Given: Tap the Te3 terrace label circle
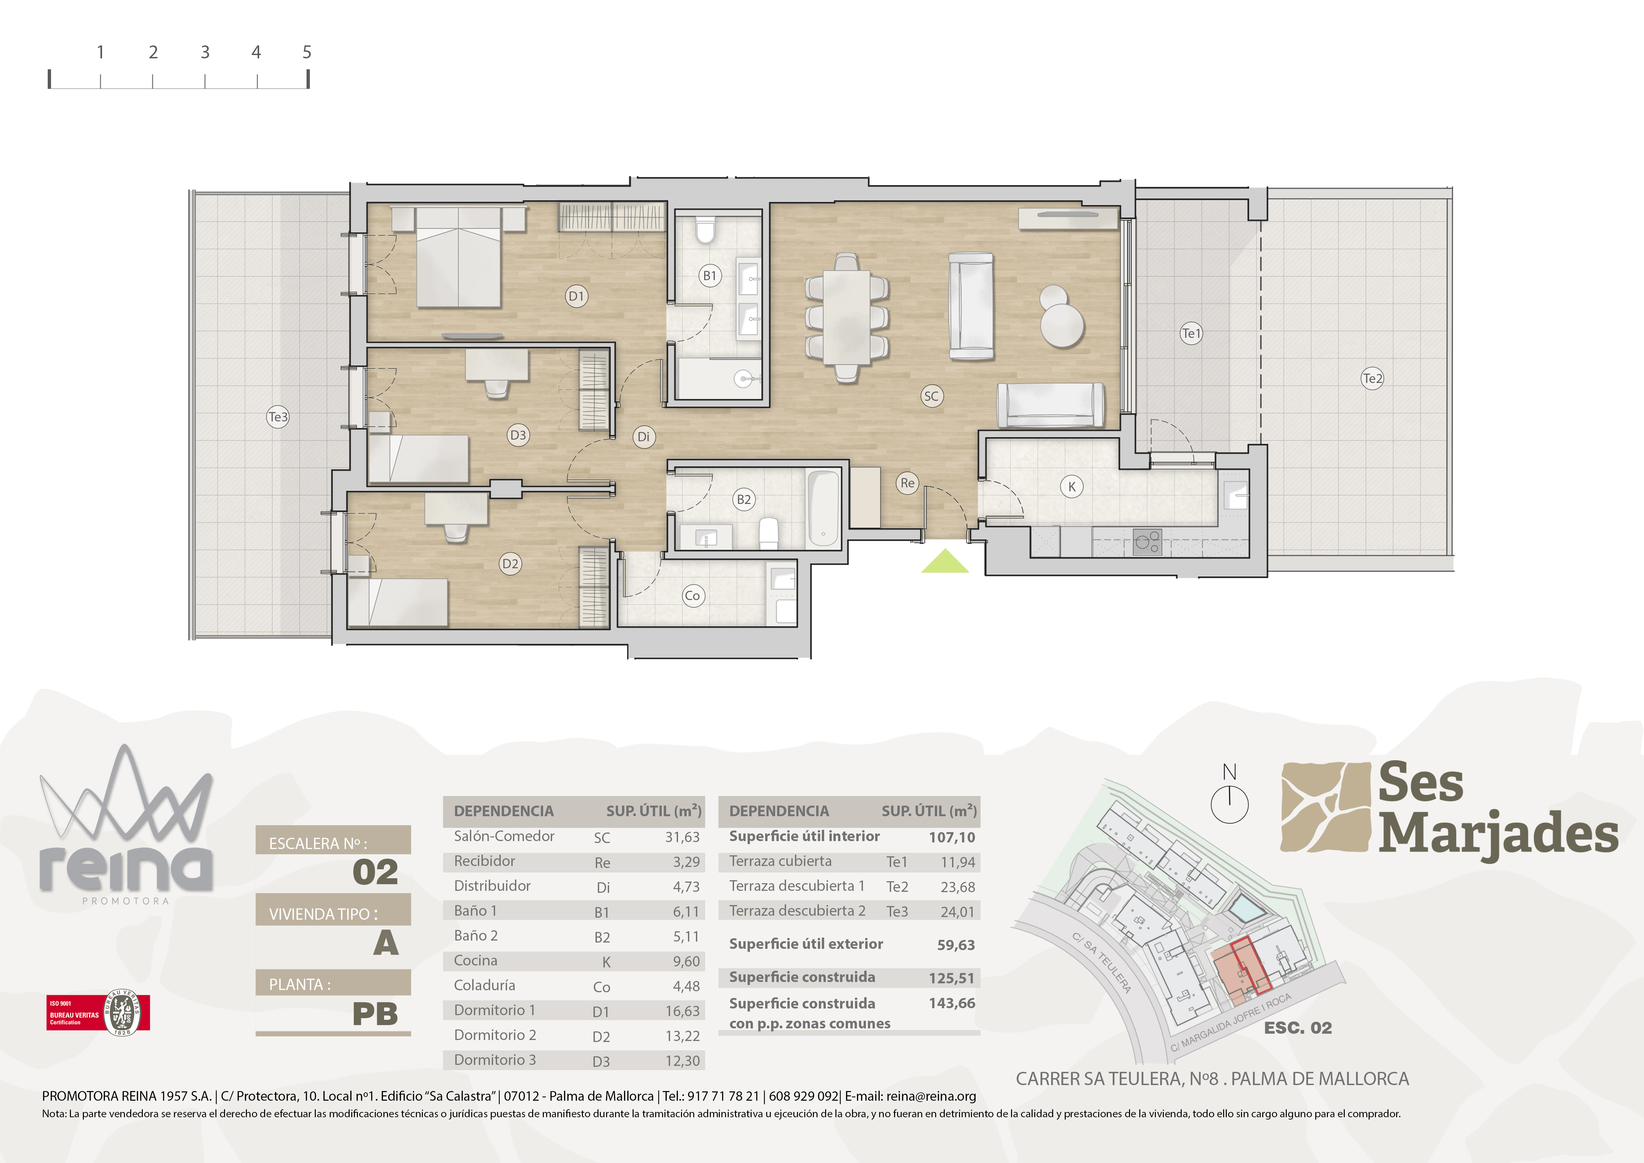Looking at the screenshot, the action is [x=278, y=417].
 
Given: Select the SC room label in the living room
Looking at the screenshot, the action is [x=931, y=396].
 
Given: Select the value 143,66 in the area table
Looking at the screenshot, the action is [x=952, y=1003].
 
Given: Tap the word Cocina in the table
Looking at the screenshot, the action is [x=476, y=960].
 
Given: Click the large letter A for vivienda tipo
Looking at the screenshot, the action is [x=385, y=943].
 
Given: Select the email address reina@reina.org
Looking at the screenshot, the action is [x=931, y=1096].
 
